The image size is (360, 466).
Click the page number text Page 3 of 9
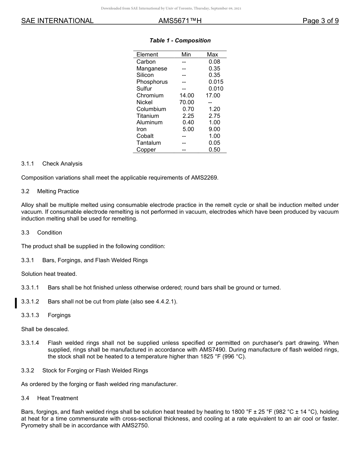pos(320,21)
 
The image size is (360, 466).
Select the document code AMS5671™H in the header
pos(180,21)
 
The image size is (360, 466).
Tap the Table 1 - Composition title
pos(180,41)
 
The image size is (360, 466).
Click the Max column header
pos(212,55)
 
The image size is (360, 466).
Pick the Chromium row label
pos(150,95)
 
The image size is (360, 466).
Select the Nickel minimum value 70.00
pos(186,102)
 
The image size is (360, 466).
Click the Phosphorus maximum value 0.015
pos(216,82)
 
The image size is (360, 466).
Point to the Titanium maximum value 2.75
pos(214,116)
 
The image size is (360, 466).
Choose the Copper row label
pos(146,150)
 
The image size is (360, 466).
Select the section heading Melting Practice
pos(58,191)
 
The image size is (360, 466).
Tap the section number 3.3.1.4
pos(30,343)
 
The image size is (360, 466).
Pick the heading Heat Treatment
pos(58,398)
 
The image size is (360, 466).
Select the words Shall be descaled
pos(45,329)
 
